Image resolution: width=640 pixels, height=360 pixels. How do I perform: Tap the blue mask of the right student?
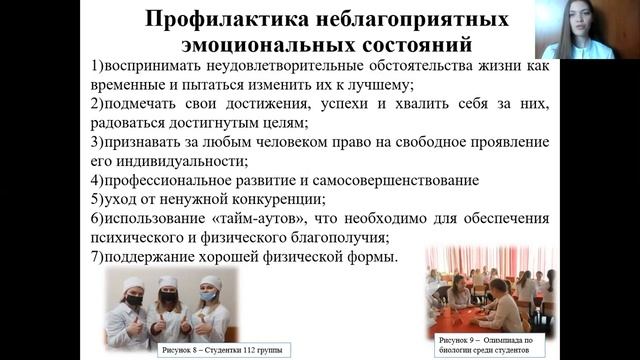point(208,297)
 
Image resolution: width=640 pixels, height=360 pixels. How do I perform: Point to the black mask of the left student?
point(134,300)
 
